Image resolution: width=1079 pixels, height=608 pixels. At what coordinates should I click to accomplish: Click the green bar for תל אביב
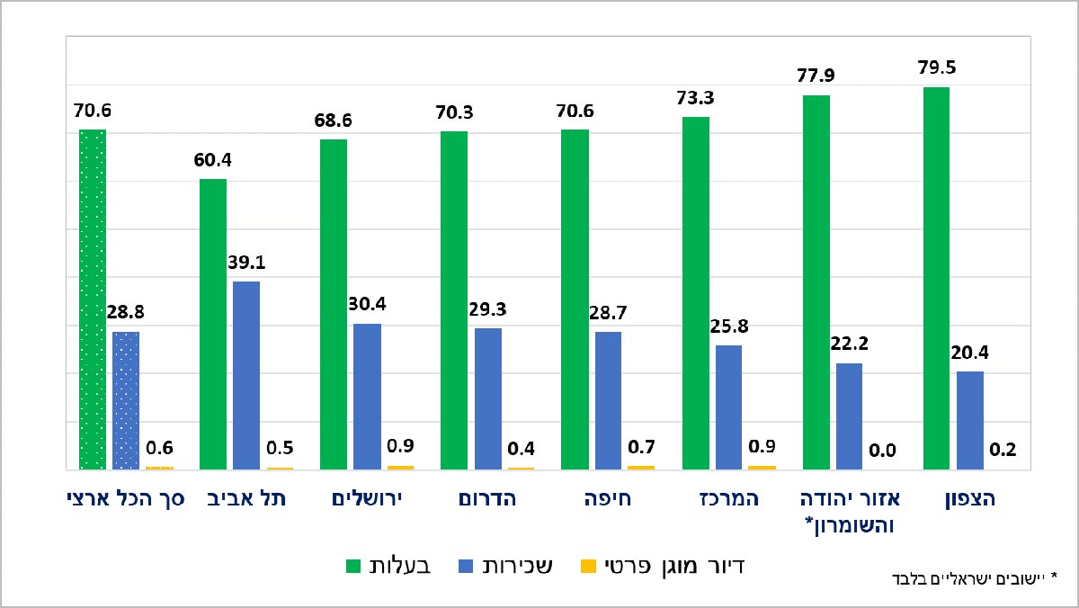point(212,324)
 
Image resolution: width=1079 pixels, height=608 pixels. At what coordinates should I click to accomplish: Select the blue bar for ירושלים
point(367,396)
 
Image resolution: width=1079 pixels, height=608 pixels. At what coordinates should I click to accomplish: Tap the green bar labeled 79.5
point(936,279)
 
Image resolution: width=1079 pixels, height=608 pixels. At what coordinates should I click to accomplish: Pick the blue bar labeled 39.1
point(246,375)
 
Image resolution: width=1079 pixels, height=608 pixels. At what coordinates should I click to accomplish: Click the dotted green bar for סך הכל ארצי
point(93,300)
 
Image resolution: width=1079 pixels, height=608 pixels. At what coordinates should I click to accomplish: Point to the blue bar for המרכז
point(728,407)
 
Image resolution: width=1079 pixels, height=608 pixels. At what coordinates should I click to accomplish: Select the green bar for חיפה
point(575,300)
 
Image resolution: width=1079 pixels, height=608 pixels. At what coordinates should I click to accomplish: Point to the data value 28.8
point(125,313)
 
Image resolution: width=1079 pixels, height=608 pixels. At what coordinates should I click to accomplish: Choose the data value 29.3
point(487,309)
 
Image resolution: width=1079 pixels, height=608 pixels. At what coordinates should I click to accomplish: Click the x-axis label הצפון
point(975,499)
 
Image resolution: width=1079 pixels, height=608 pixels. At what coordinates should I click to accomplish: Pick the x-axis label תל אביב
point(247,499)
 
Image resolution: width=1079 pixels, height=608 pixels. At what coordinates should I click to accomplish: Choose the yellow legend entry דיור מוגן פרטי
point(661,566)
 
